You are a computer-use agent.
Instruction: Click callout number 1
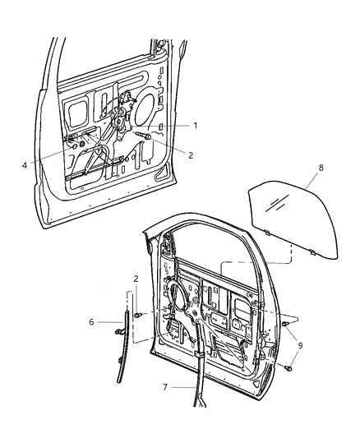coord(196,125)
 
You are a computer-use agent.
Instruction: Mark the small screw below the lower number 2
coord(138,315)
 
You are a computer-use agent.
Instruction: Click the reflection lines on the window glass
coord(280,202)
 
